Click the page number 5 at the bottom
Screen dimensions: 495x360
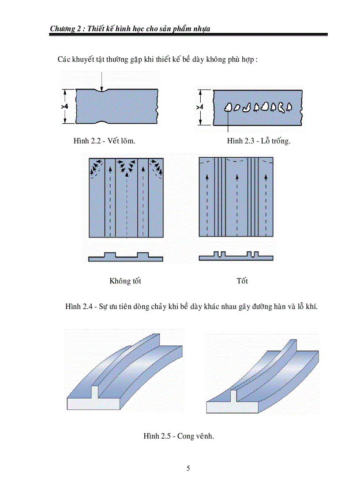coord(188,468)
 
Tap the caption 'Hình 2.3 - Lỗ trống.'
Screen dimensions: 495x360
coord(259,141)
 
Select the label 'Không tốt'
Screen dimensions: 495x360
coord(125,281)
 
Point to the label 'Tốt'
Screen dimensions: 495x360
coord(242,281)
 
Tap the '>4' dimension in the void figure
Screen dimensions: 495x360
coord(199,107)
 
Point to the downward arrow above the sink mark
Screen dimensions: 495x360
coord(101,82)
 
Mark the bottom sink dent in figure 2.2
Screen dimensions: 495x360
coord(102,122)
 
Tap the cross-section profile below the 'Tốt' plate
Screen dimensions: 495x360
coord(236,257)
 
